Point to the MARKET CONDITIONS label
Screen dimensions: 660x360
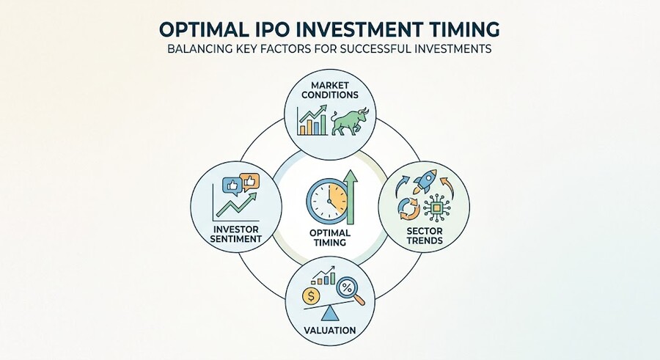pos(329,90)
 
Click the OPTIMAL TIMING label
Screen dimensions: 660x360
pos(329,238)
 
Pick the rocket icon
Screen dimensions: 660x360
pos(425,181)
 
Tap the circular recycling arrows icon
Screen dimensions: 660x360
pos(409,209)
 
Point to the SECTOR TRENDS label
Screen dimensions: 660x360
pos(425,236)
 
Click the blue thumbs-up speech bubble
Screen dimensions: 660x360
pos(233,185)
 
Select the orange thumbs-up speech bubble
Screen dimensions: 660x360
pos(249,183)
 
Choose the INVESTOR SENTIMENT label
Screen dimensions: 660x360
pos(235,234)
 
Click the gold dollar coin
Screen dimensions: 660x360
pos(311,296)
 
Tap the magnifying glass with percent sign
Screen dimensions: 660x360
pos(350,290)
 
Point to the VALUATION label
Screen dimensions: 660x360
pos(329,330)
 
